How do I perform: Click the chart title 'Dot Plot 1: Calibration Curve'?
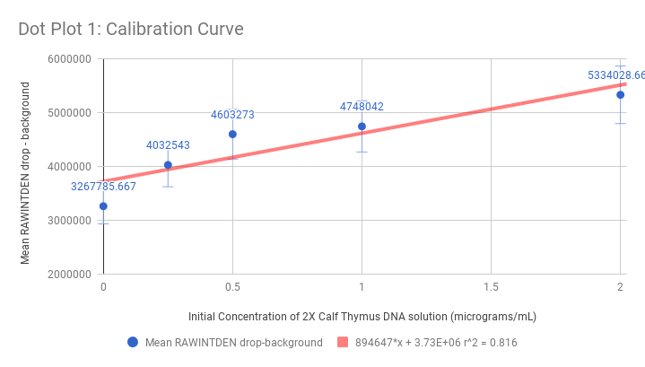pyautogui.click(x=131, y=29)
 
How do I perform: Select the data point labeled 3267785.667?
pyautogui.click(x=103, y=206)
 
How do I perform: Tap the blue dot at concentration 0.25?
pyautogui.click(x=168, y=165)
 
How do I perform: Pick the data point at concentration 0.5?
pyautogui.click(x=232, y=134)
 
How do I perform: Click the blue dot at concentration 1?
pyautogui.click(x=362, y=127)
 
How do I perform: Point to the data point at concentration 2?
pyautogui.click(x=620, y=94)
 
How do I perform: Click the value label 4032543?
pyautogui.click(x=168, y=144)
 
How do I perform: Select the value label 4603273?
pyautogui.click(x=232, y=114)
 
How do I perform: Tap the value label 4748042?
pyautogui.click(x=362, y=106)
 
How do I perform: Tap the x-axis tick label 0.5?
pyautogui.click(x=232, y=286)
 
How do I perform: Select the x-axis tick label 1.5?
pyautogui.click(x=491, y=286)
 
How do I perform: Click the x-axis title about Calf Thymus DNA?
pyautogui.click(x=362, y=316)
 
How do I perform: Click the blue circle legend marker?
pyautogui.click(x=133, y=342)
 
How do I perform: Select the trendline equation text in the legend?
pyautogui.click(x=436, y=342)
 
